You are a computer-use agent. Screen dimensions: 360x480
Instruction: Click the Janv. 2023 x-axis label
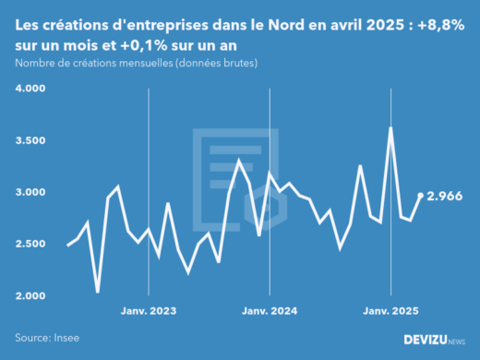(149, 312)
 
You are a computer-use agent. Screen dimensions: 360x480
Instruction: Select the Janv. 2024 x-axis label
(269, 312)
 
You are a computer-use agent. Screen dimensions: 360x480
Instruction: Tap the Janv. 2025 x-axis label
(391, 312)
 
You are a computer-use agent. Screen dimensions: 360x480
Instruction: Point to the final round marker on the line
(421, 196)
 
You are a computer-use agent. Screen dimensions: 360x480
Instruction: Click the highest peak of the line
(391, 128)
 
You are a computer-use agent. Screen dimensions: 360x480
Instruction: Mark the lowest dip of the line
(98, 293)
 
